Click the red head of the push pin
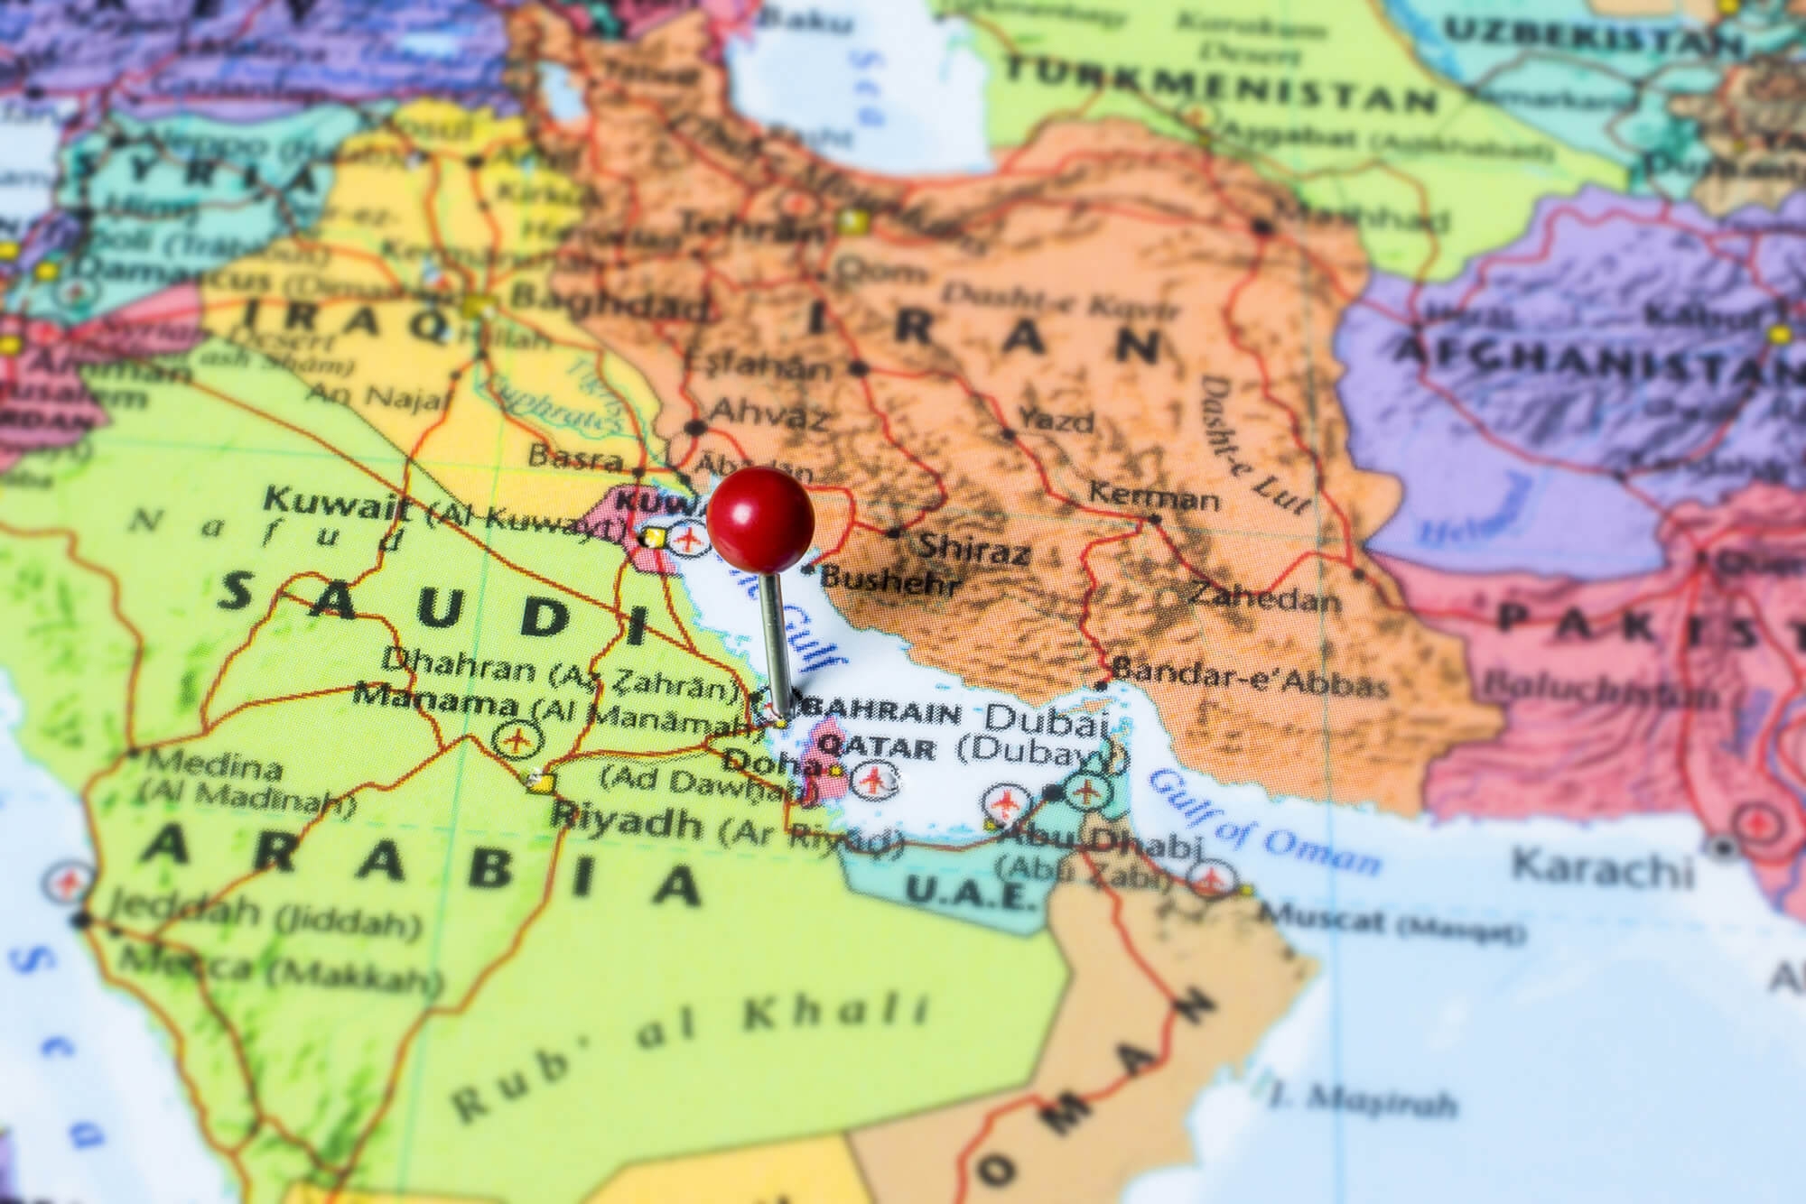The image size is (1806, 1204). [760, 520]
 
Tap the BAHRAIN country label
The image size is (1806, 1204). [889, 714]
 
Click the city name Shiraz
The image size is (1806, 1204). [973, 547]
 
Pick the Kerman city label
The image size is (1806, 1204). [1154, 495]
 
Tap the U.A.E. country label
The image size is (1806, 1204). [968, 894]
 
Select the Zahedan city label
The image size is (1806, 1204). [1263, 597]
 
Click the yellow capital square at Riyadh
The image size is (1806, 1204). [541, 783]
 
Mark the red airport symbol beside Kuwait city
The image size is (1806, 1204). [689, 541]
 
